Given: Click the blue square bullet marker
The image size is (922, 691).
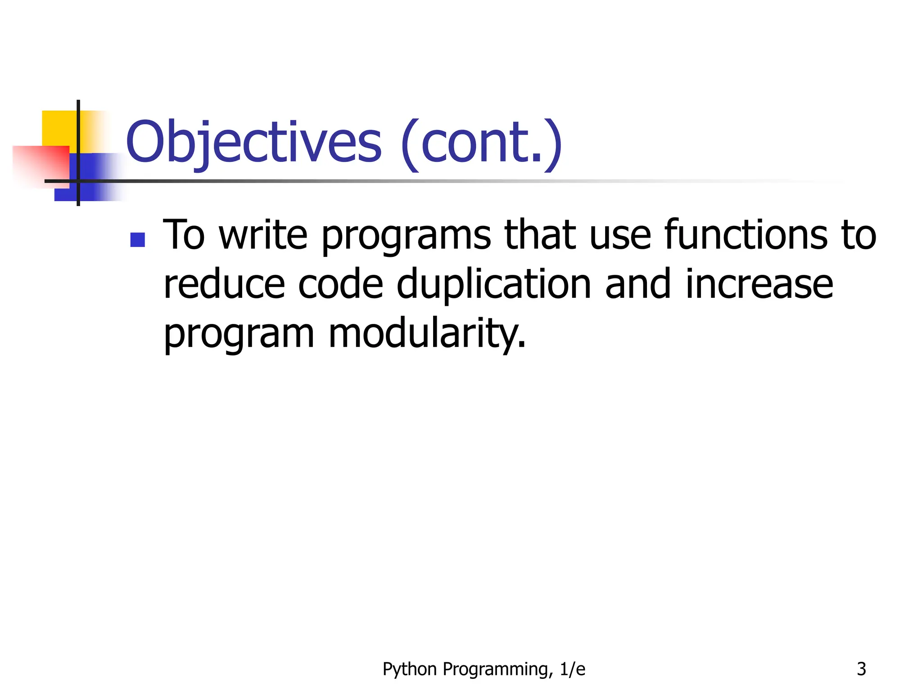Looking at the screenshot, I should [x=137, y=240].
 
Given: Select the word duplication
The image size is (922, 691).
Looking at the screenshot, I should [x=494, y=286].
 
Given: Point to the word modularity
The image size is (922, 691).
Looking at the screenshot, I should [x=427, y=335].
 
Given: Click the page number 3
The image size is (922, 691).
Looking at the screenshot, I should [x=861, y=669].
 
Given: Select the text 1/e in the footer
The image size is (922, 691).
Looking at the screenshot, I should [x=572, y=669].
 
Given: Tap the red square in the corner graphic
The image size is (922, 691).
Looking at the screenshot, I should [x=43, y=164].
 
